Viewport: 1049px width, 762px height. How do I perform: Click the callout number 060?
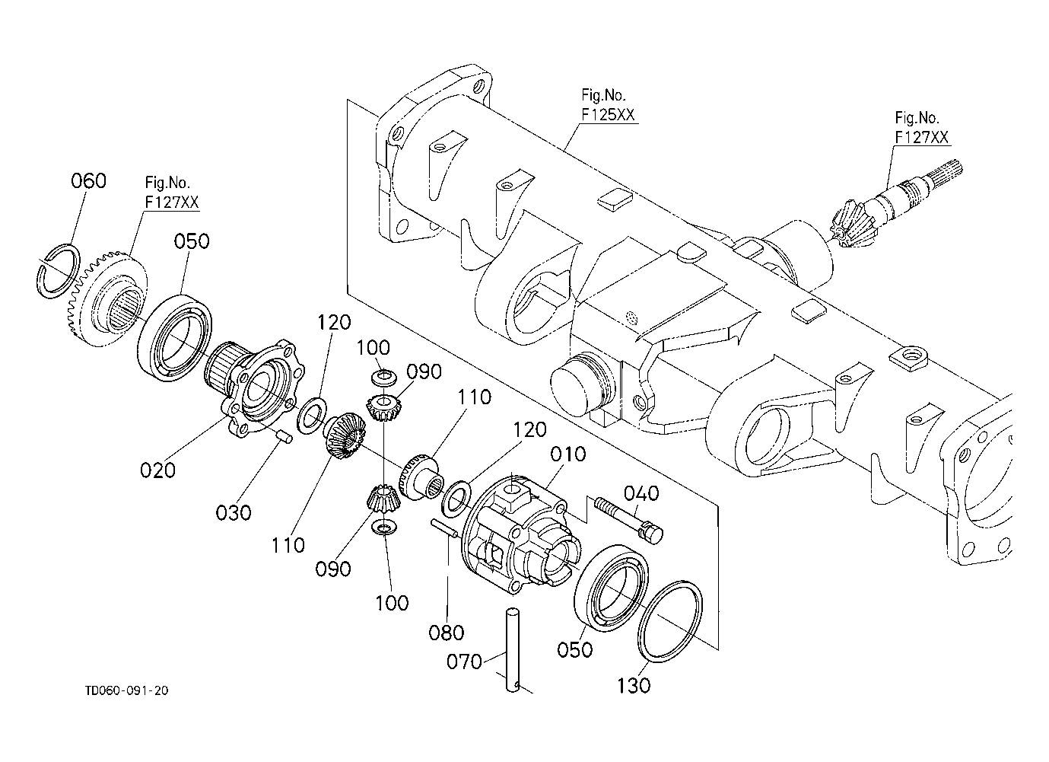[x=88, y=181]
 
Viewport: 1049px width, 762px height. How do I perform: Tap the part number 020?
[x=157, y=470]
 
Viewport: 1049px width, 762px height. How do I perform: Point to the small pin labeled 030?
[x=283, y=437]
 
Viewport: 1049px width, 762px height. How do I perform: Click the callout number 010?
[x=568, y=454]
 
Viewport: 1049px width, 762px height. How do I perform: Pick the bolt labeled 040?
[x=628, y=520]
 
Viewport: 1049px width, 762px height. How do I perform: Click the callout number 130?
[x=634, y=686]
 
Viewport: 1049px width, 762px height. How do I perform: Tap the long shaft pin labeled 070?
[x=513, y=649]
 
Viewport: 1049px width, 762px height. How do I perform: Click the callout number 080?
[x=447, y=633]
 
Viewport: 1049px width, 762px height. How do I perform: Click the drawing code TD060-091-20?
[x=126, y=690]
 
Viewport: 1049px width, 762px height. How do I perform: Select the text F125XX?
[x=608, y=114]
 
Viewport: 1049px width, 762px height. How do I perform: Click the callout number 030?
[x=234, y=512]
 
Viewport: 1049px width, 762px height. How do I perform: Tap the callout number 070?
[x=464, y=662]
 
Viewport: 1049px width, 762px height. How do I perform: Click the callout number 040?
[x=641, y=493]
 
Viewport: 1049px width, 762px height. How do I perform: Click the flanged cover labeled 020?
[x=256, y=387]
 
